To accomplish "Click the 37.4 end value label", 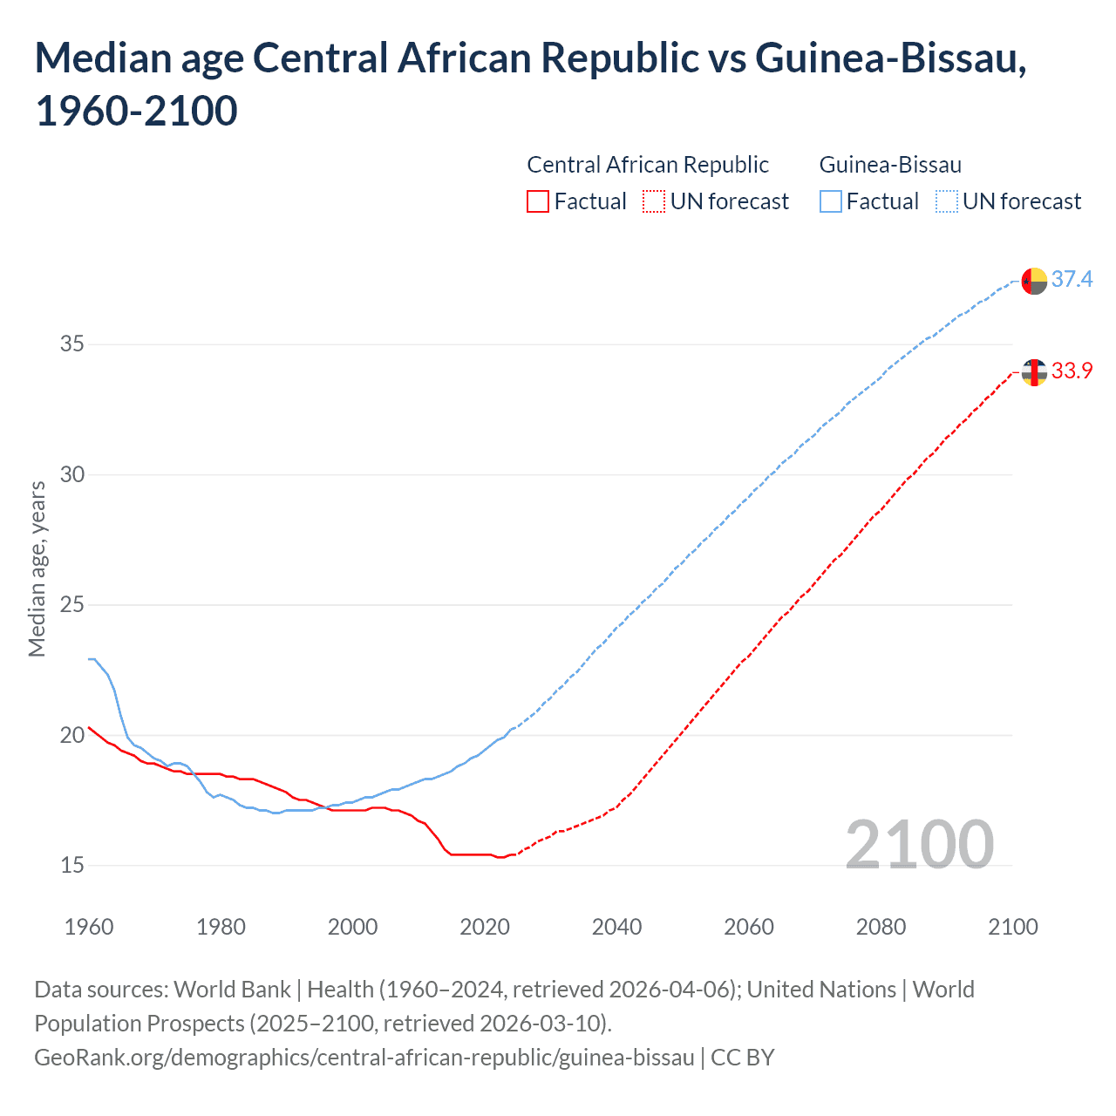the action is pyautogui.click(x=1072, y=279).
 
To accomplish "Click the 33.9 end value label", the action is pyautogui.click(x=1072, y=371).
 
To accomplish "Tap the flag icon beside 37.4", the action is pyautogui.click(x=1034, y=282).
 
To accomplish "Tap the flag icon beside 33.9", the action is pyautogui.click(x=1034, y=372).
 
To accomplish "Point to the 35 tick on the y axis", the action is pyautogui.click(x=72, y=344).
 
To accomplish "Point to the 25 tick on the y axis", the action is pyautogui.click(x=72, y=604).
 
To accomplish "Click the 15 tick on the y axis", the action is pyautogui.click(x=72, y=865).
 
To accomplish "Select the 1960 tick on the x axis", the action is pyautogui.click(x=89, y=927).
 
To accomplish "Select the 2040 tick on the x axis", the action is pyautogui.click(x=617, y=927).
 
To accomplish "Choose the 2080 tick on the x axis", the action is pyautogui.click(x=881, y=927).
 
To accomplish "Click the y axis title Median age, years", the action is pyautogui.click(x=37, y=568).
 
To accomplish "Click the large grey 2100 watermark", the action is pyautogui.click(x=919, y=844).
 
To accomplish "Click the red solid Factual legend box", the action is pyautogui.click(x=538, y=201).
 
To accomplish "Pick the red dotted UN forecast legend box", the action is pyautogui.click(x=654, y=201).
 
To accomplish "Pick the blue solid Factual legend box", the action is pyautogui.click(x=831, y=201).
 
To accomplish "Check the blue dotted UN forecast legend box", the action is pyautogui.click(x=947, y=201).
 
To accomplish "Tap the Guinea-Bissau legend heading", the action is pyautogui.click(x=890, y=165).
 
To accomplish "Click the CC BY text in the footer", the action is pyautogui.click(x=743, y=1058).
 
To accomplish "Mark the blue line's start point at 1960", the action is pyautogui.click(x=90, y=659).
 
